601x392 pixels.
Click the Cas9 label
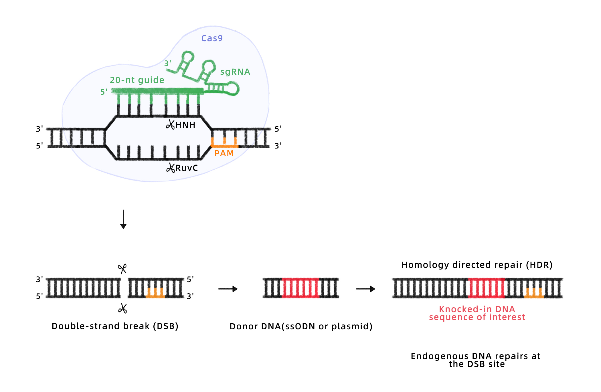click(x=212, y=38)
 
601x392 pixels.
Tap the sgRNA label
click(x=235, y=72)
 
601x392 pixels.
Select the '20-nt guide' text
click(x=137, y=80)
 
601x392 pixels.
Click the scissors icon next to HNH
click(x=170, y=125)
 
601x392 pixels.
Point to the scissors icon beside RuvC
click(x=171, y=168)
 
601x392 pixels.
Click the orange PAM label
click(x=224, y=153)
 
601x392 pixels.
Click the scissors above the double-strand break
click(x=122, y=269)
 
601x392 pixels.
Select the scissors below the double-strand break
click(x=122, y=308)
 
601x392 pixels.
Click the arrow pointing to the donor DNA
click(x=228, y=289)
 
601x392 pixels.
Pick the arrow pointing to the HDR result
click(x=365, y=289)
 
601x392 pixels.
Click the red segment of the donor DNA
click(x=300, y=288)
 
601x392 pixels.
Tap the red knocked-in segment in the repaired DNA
click(x=487, y=288)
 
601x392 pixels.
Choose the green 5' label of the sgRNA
click(x=104, y=92)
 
